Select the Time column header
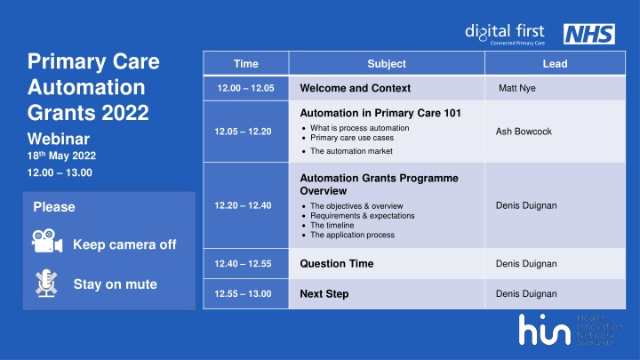click(x=245, y=64)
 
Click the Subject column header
click(x=387, y=64)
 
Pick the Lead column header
click(x=555, y=64)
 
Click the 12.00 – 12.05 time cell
click(x=245, y=88)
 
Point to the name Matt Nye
click(x=517, y=88)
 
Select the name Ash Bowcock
click(x=524, y=132)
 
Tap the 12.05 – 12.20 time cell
click(x=245, y=132)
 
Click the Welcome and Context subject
click(x=356, y=88)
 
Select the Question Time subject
click(x=337, y=264)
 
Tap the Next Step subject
click(x=324, y=293)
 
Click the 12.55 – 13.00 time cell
click(x=245, y=293)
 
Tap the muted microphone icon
click(x=44, y=283)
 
